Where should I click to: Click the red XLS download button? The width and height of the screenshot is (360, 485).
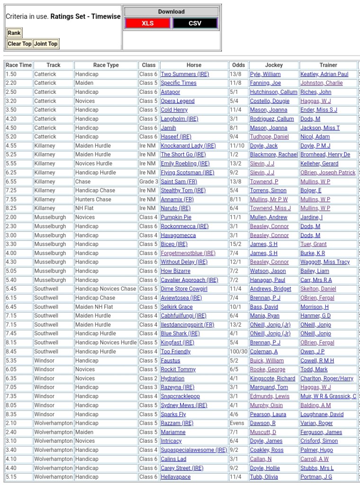[x=148, y=23]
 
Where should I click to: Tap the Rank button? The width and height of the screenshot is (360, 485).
[x=14, y=33]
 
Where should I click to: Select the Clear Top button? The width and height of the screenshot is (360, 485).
[x=19, y=44]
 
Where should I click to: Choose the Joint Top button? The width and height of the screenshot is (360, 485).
[x=46, y=44]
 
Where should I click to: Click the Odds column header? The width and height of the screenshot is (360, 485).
[x=239, y=65]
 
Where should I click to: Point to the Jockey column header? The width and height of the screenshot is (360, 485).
[x=274, y=65]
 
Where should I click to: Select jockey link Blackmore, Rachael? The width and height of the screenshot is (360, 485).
[x=274, y=155]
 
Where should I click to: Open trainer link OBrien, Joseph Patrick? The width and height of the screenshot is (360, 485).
[x=328, y=173]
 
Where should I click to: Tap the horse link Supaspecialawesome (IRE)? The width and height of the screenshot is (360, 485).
[x=194, y=450]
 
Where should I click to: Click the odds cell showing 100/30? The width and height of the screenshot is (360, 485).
[x=238, y=351]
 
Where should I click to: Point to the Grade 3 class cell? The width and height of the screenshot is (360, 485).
[x=149, y=182]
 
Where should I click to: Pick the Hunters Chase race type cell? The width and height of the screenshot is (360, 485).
[x=93, y=200]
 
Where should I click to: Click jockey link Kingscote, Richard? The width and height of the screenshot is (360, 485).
[x=272, y=378]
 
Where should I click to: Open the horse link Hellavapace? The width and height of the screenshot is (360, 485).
[x=176, y=477]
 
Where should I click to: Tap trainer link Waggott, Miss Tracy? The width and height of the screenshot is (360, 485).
[x=325, y=262]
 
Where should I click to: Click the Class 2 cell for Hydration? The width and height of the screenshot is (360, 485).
[x=148, y=378]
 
